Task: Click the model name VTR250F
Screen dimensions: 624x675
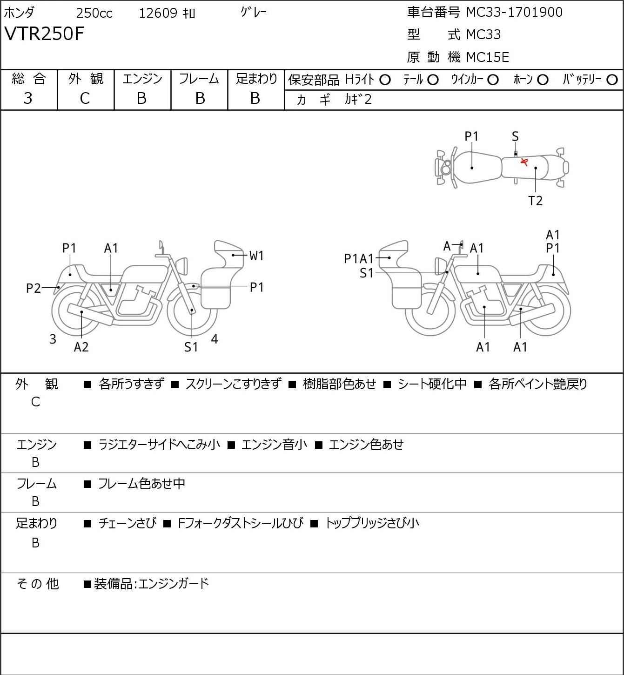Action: (44, 34)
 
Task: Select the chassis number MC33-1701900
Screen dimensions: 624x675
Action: (514, 12)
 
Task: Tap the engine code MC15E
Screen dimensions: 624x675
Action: (488, 57)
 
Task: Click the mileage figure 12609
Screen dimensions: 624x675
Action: (158, 13)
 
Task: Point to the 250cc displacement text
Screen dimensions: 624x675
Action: (94, 13)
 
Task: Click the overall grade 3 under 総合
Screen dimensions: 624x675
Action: (28, 99)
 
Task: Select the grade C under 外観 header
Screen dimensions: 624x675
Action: (85, 99)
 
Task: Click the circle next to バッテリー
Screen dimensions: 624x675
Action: (612, 80)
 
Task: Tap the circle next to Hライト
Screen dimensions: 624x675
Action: (385, 80)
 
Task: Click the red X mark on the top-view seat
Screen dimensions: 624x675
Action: (524, 162)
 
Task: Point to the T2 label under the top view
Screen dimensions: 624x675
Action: (535, 201)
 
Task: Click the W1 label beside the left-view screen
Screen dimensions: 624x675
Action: (256, 256)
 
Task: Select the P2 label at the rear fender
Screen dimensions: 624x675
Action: (34, 288)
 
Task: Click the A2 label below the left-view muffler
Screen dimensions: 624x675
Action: (81, 347)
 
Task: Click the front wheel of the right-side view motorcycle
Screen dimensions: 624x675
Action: (430, 311)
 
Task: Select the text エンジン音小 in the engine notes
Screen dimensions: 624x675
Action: (274, 445)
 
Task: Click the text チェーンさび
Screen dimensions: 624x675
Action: (127, 523)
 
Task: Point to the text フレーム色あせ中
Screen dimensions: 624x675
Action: (141, 484)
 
